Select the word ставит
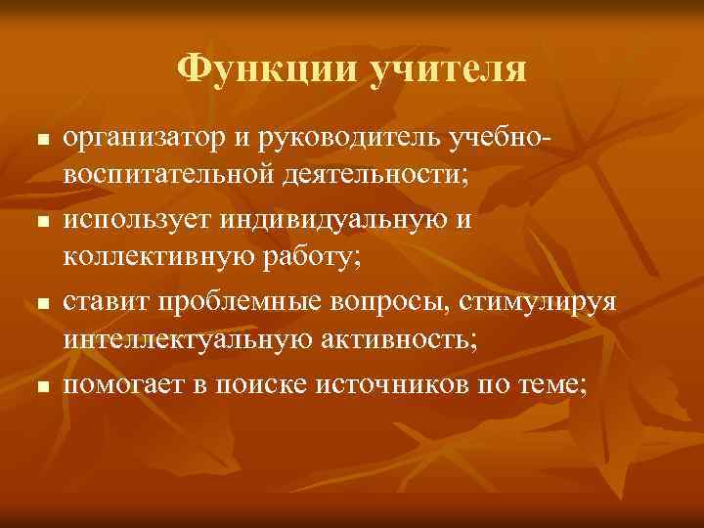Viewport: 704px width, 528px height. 104,303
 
